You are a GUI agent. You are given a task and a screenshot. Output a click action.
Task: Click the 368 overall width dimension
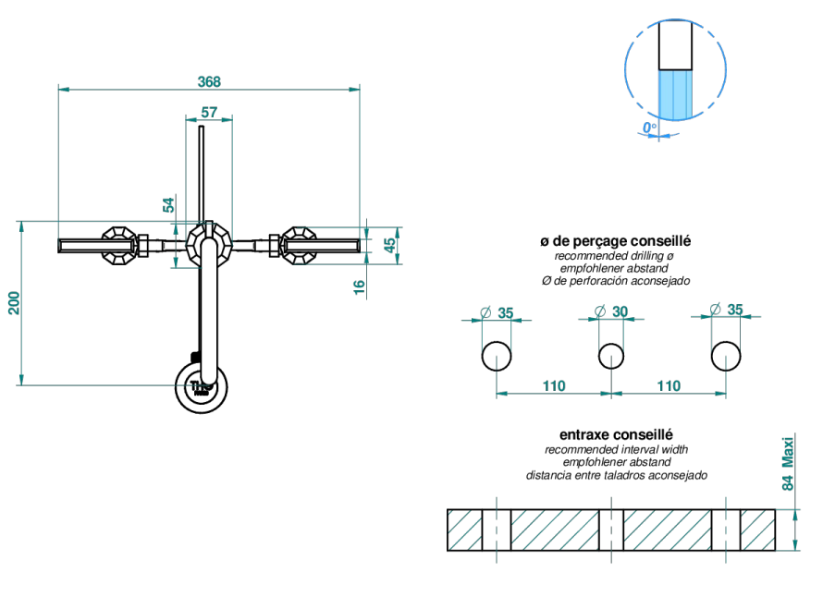tap(209, 82)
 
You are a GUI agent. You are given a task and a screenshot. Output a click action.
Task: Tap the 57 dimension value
tap(209, 112)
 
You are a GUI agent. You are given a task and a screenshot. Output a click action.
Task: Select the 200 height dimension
tap(14, 303)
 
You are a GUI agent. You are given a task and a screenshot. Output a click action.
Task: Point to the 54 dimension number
tap(168, 204)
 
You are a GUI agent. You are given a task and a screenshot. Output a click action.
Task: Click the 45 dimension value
tap(390, 245)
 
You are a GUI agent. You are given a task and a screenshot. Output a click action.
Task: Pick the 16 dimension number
tap(359, 286)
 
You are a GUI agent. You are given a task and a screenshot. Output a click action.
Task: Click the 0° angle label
tap(649, 128)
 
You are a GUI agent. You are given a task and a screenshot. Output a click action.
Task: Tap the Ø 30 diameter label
tap(611, 311)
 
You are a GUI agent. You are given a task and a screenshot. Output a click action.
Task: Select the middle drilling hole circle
tap(611, 356)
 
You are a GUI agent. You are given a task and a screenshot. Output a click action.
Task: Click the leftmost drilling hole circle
tap(496, 356)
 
